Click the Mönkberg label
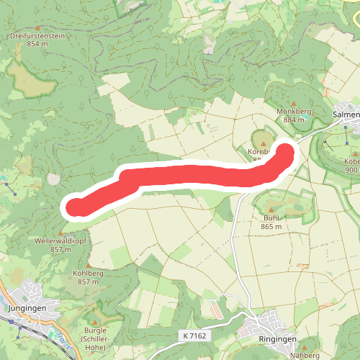(293, 112)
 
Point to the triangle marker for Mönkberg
(293, 104)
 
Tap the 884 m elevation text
(293, 121)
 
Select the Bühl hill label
(271, 217)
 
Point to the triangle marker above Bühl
(271, 209)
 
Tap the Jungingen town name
(27, 307)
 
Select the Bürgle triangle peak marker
(95, 322)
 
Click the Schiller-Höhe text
(95, 343)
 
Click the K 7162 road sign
(195, 336)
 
